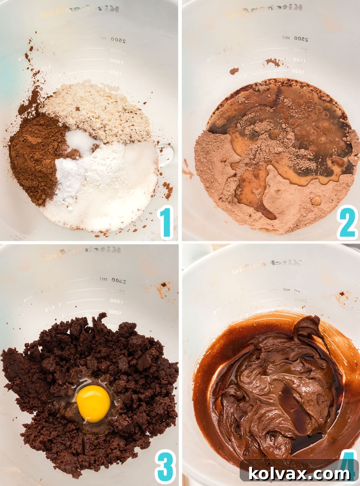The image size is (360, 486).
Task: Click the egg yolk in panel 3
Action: pyautogui.click(x=93, y=403)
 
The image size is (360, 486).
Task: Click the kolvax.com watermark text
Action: pyautogui.click(x=299, y=474)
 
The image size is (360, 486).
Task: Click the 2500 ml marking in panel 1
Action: pyautogui.click(x=113, y=39)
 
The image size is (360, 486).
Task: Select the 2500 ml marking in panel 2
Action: pyautogui.click(x=295, y=38)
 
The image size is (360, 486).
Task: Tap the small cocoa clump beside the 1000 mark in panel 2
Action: pyautogui.click(x=234, y=71)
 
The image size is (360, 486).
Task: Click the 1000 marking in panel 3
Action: pyautogui.click(x=115, y=312)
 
